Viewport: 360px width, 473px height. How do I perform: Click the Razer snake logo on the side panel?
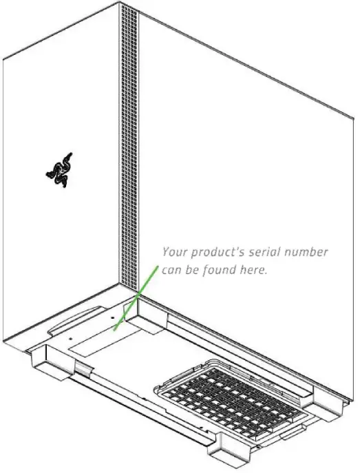point(59,170)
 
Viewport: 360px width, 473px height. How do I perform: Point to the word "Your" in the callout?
point(174,252)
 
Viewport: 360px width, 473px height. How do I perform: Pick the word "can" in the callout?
point(172,271)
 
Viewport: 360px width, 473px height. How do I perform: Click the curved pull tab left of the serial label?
point(69,322)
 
